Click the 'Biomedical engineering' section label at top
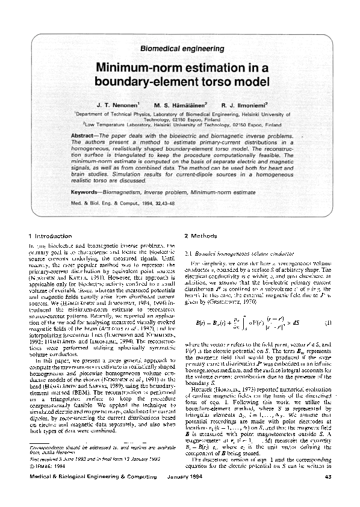[179, 46]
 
